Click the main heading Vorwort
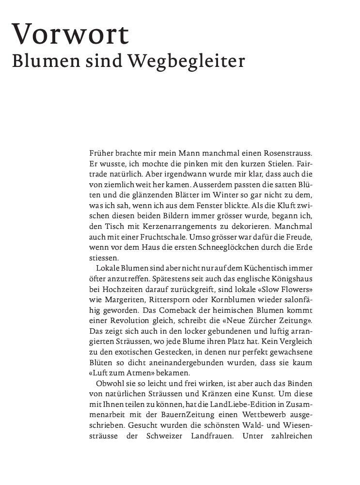click(72, 35)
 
